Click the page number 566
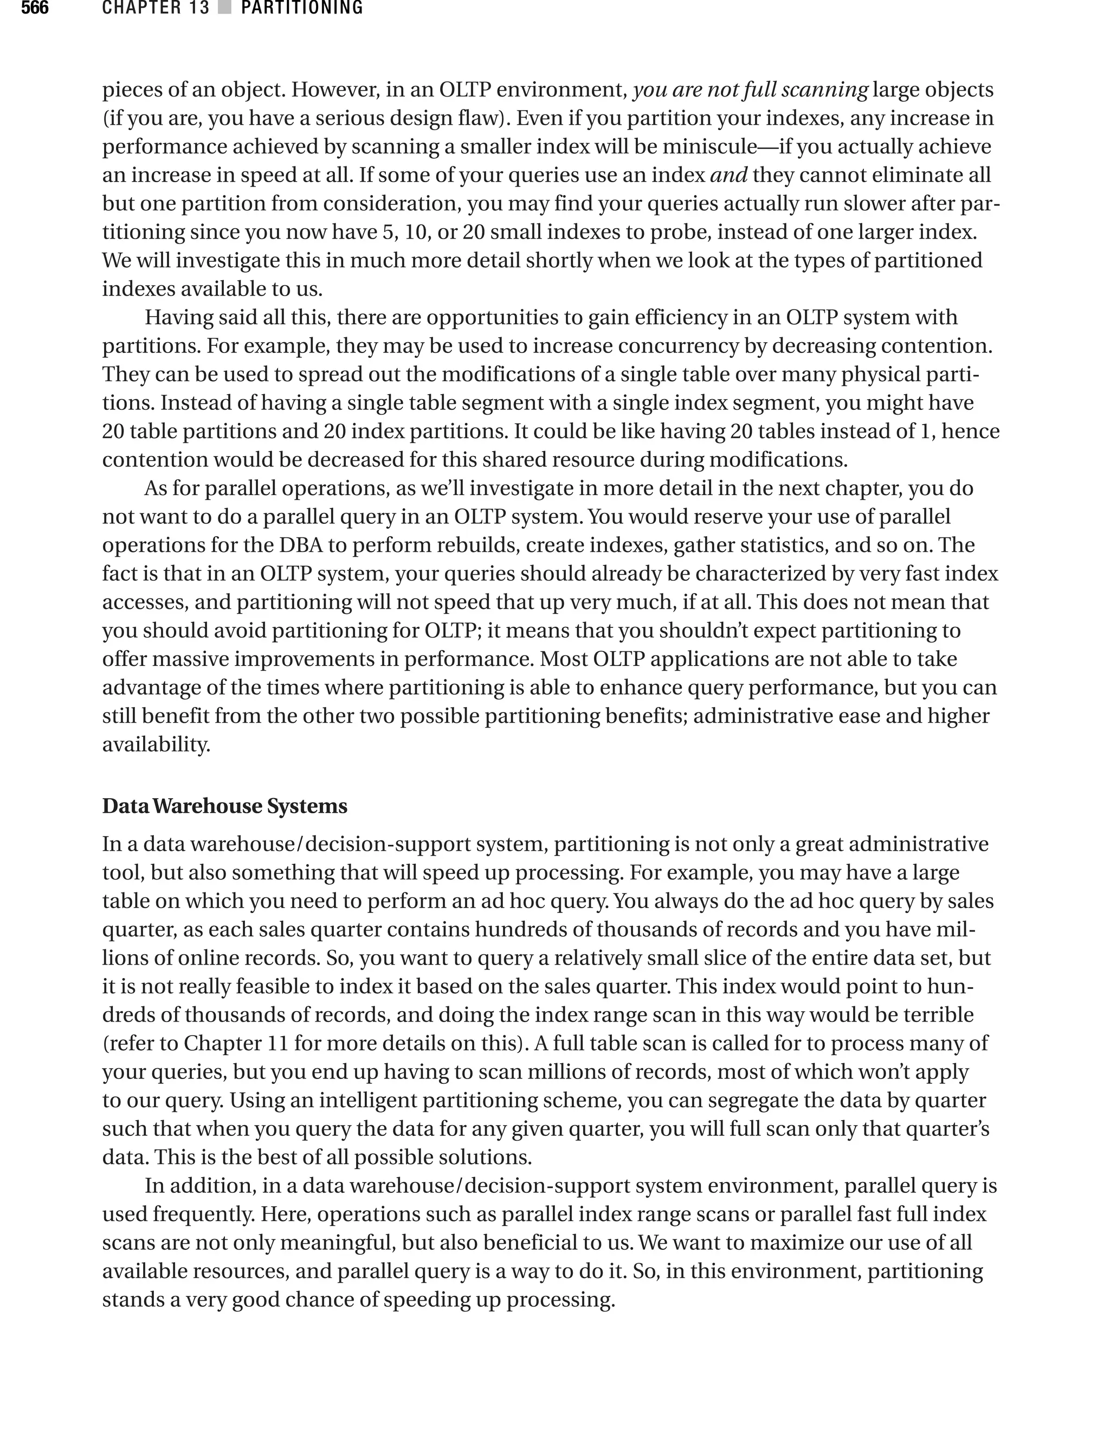click(34, 9)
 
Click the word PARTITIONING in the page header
click(302, 9)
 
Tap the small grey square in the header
click(224, 9)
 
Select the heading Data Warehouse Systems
click(224, 806)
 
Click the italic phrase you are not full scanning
click(750, 90)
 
